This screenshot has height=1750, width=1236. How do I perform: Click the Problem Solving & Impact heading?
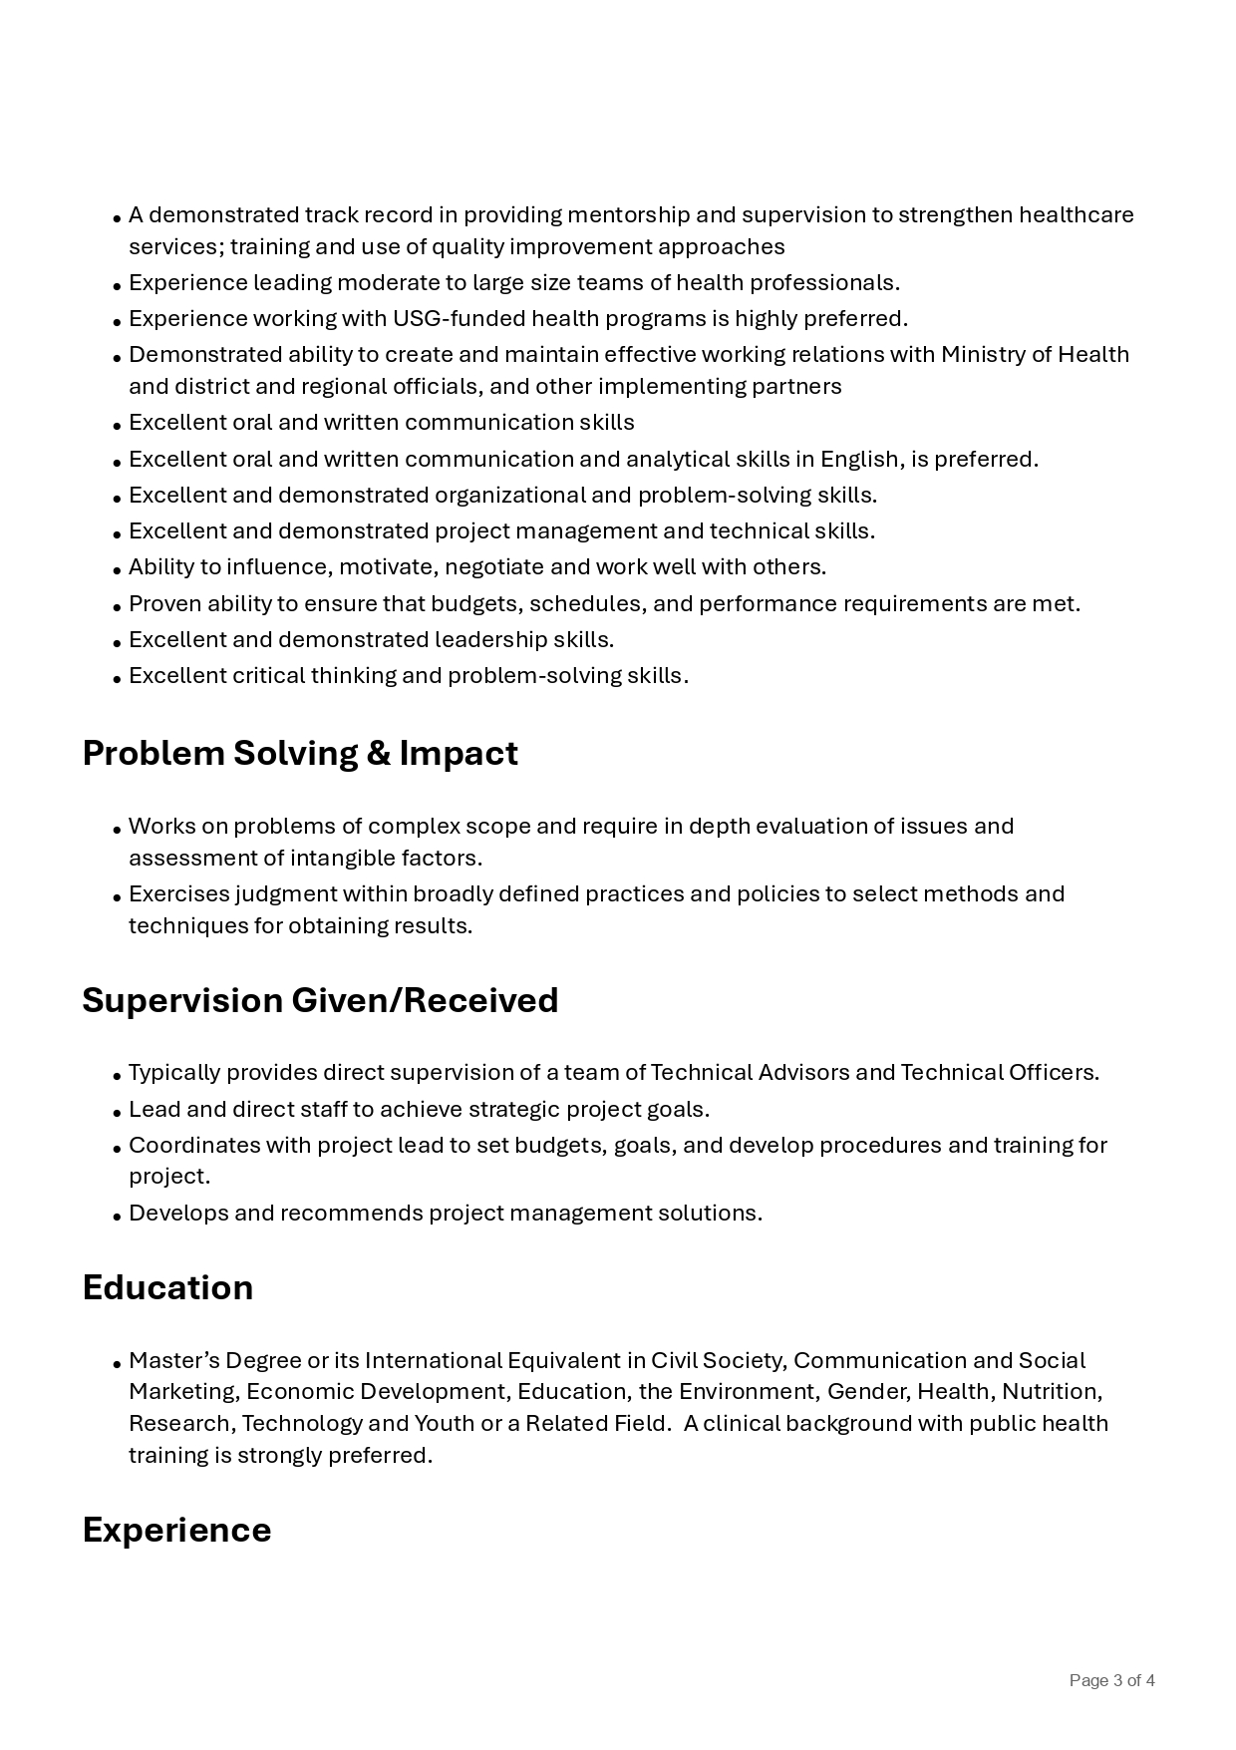300,754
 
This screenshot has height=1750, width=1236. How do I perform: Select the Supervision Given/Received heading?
320,1000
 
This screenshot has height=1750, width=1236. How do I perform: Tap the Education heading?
167,1287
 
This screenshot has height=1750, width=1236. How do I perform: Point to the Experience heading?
176,1530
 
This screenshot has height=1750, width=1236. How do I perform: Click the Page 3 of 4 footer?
1111,1680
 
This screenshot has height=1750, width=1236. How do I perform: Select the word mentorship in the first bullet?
628,215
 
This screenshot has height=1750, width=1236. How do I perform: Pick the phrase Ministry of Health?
1035,355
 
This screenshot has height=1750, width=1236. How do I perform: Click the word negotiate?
493,567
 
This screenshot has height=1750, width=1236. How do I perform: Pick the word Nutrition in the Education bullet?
1051,1392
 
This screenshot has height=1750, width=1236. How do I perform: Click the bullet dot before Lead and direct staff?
118,1112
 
